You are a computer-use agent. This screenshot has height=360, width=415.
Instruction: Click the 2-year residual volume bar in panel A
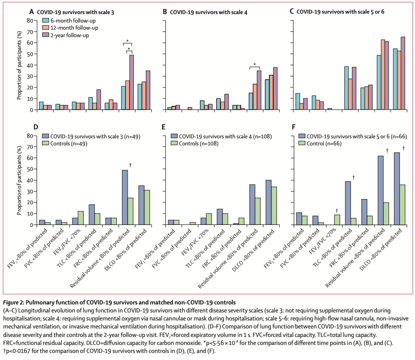[x=131, y=82]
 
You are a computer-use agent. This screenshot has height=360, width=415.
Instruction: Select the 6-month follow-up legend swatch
[x=46, y=21]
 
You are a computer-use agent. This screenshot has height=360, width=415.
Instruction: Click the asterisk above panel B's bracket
[x=255, y=64]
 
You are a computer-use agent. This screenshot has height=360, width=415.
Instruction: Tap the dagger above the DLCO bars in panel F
[x=404, y=148]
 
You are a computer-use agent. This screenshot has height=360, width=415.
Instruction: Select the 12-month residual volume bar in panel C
[x=383, y=75]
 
